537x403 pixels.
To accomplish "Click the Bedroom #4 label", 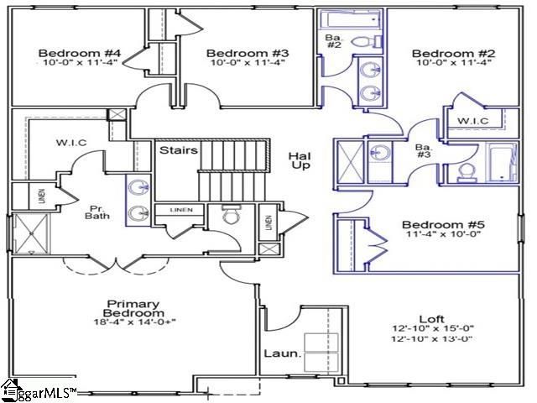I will point(81,54).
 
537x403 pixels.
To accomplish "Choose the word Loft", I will point(432,318).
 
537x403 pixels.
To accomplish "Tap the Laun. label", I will point(281,354).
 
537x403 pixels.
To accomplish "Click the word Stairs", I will point(180,150).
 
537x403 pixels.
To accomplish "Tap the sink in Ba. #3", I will point(382,154).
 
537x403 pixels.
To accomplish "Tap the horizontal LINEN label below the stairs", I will point(179,209).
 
